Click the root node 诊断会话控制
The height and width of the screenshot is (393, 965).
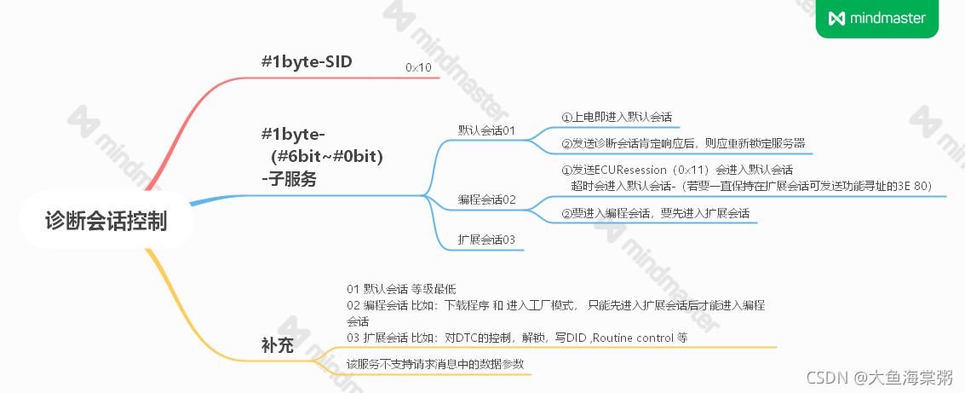[x=106, y=222]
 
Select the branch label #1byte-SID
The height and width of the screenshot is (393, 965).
[x=307, y=61]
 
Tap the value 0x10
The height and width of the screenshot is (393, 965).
[x=418, y=66]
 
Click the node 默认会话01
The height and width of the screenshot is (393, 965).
[x=487, y=130]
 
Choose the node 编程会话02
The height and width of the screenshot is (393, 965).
[x=487, y=199]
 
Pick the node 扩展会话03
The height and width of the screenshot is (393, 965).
[x=487, y=240]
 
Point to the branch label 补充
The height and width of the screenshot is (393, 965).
[x=278, y=346]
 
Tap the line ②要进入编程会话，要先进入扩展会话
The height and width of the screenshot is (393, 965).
[x=655, y=213]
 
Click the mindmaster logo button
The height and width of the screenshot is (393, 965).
[x=877, y=18]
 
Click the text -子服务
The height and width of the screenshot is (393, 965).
[x=288, y=179]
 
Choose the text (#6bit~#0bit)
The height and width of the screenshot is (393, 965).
[x=327, y=156]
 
